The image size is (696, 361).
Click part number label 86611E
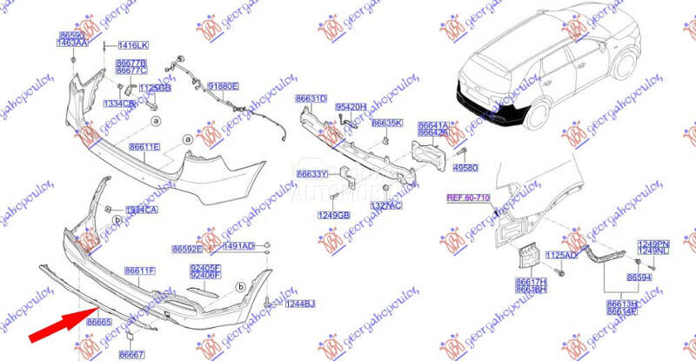point(144,147)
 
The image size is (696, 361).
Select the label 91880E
point(220,87)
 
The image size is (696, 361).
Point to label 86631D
point(311,98)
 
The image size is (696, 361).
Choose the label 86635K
point(387,123)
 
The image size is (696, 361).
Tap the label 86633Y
point(312,173)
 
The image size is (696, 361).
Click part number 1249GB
point(334,214)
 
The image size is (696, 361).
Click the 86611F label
point(139,271)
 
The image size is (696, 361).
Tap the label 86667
point(131,354)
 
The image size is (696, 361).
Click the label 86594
point(639,276)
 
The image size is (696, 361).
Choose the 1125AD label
point(560,255)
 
